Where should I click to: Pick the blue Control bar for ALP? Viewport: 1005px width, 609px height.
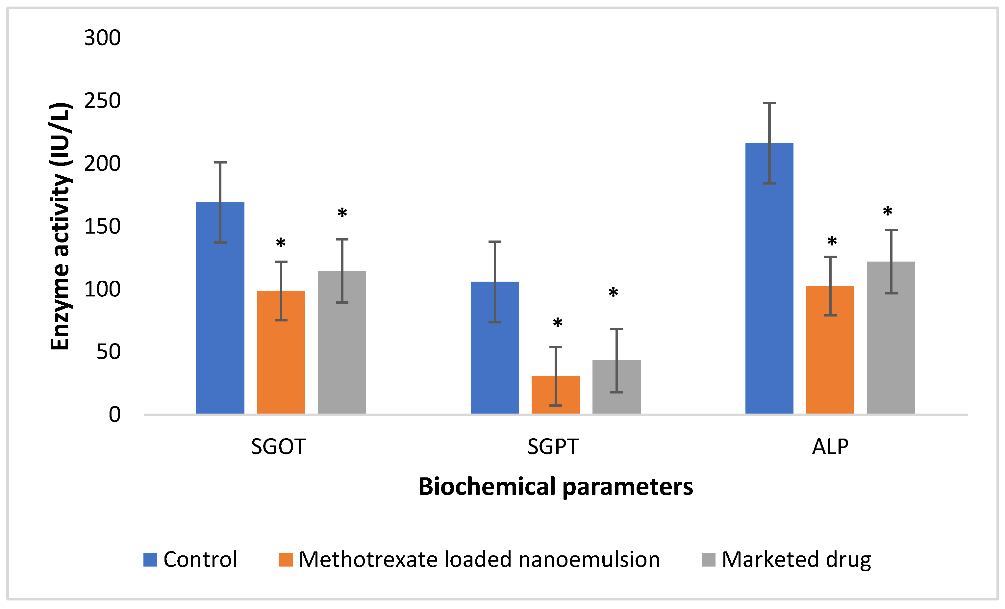click(x=769, y=281)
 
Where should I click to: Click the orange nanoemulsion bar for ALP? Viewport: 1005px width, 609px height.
click(x=830, y=351)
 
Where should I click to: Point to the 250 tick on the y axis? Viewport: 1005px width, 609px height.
click(x=102, y=101)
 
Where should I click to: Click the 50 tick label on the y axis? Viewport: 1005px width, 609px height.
click(x=109, y=352)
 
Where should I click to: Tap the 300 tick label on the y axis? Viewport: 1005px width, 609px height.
click(x=102, y=38)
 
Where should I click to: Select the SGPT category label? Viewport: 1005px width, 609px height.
click(x=553, y=447)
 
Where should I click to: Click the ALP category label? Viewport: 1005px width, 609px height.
click(x=830, y=447)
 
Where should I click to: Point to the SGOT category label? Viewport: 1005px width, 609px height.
click(x=279, y=447)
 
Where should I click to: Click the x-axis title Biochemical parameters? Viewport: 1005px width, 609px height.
click(x=556, y=487)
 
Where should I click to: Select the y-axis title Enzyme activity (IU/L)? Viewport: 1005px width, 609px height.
click(x=60, y=226)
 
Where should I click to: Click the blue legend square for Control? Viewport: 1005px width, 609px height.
click(x=150, y=560)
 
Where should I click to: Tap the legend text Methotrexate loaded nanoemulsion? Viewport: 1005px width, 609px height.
click(x=479, y=559)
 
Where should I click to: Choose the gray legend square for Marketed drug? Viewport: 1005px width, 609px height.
click(x=709, y=560)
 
